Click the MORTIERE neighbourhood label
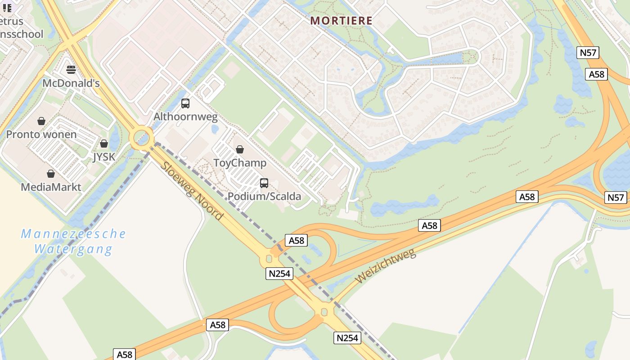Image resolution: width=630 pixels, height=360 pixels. pyautogui.click(x=342, y=21)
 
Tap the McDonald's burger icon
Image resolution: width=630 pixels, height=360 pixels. pyautogui.click(x=71, y=69)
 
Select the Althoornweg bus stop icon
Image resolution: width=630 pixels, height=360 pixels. pyautogui.click(x=185, y=103)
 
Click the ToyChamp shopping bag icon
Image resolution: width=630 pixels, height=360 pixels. pyautogui.click(x=240, y=149)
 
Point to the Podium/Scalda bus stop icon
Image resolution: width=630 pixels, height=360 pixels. pyautogui.click(x=264, y=183)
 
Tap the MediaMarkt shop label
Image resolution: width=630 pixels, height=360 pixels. pyautogui.click(x=51, y=187)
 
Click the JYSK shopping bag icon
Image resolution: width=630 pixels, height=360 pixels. pyautogui.click(x=104, y=144)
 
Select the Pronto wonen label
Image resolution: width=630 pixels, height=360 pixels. pyautogui.click(x=41, y=135)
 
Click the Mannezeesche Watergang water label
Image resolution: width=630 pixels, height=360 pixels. pyautogui.click(x=73, y=241)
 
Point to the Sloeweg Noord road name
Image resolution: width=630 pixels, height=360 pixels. pyautogui.click(x=191, y=191)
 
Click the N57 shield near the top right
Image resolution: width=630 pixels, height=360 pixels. pyautogui.click(x=588, y=53)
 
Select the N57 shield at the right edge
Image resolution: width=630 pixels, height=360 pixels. pyautogui.click(x=616, y=197)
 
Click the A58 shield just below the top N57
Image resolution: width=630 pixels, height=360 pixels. pyautogui.click(x=596, y=74)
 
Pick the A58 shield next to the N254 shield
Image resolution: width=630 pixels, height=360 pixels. pyautogui.click(x=296, y=240)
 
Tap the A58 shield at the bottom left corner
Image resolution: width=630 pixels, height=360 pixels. pyautogui.click(x=124, y=354)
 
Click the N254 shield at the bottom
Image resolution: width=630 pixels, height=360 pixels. pyautogui.click(x=347, y=337)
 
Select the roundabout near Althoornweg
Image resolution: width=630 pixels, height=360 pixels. pyautogui.click(x=142, y=137)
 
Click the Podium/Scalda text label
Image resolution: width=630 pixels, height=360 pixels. pyautogui.click(x=264, y=196)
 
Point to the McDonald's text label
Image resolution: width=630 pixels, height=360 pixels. pyautogui.click(x=71, y=83)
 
